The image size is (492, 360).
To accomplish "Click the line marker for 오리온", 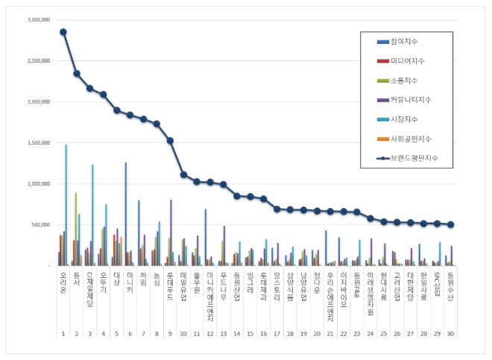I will click(x=63, y=32).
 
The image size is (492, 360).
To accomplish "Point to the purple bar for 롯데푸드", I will click(x=171, y=232).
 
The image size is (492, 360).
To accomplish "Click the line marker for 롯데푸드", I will click(x=170, y=140).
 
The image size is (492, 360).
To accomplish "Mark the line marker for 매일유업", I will click(x=183, y=174).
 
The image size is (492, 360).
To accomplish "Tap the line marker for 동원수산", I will click(x=450, y=224).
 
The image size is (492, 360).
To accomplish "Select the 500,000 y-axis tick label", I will click(x=39, y=224).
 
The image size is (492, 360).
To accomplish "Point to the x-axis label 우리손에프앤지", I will click(x=330, y=295).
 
